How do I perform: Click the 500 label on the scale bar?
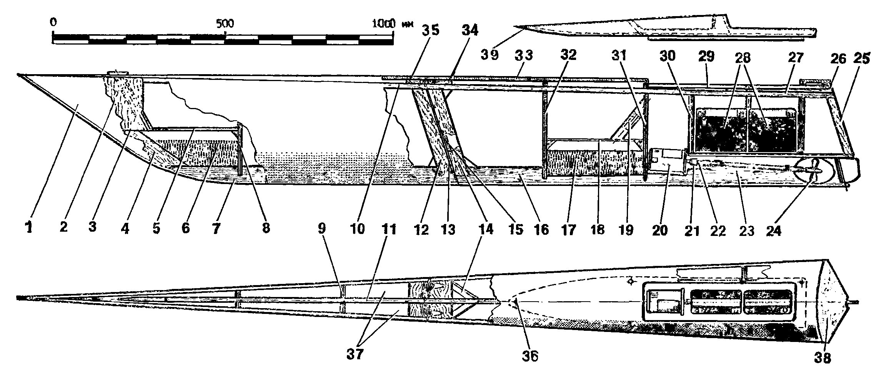click(225, 24)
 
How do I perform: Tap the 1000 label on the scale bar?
click(384, 23)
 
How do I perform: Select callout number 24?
click(774, 231)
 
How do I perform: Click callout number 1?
click(29, 228)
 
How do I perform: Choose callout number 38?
click(823, 358)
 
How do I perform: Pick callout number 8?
click(265, 228)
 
